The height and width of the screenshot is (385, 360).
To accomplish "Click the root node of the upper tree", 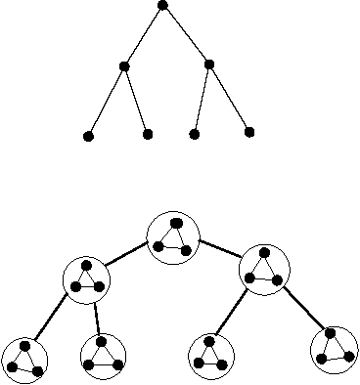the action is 162,6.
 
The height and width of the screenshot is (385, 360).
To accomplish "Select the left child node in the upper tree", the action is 123,66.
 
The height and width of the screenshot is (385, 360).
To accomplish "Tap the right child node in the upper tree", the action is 209,65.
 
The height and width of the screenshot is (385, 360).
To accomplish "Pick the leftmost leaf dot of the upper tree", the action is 88,136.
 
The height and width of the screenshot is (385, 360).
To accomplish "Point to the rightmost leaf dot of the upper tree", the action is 248,132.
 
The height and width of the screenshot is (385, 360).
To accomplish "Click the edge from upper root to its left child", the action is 143,36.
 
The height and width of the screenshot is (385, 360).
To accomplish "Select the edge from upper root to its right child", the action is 186,35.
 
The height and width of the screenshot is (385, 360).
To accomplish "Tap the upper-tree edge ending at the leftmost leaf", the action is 106,101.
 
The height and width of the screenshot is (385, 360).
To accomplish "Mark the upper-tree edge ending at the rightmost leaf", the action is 229,99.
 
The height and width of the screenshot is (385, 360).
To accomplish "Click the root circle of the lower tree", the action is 173,235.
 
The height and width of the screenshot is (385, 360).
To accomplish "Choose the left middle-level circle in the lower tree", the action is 87,278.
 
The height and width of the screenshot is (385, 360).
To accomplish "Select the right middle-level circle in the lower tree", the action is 264,271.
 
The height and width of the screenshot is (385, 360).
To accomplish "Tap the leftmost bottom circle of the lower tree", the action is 24,360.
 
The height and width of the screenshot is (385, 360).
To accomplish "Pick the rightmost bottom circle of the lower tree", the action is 333,349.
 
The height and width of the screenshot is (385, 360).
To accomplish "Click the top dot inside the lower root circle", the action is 175,224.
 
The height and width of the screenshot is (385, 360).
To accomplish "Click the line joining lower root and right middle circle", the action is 220,251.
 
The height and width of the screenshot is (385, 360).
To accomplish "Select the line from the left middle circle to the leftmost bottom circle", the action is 54,318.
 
